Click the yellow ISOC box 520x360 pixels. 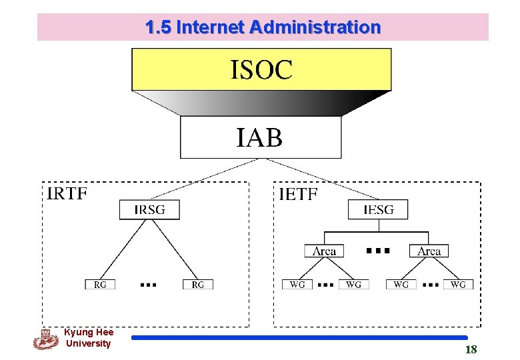coord(261,69)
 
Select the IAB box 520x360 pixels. coord(260,137)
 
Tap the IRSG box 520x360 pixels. coord(149,210)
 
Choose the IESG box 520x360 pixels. coord(378,210)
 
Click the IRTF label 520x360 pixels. coord(67,193)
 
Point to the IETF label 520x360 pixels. coord(298,194)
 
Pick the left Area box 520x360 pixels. coord(325,251)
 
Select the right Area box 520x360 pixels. coord(429,251)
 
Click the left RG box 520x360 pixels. coord(100,284)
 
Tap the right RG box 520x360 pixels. coord(198,284)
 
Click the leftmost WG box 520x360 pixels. coord(297,284)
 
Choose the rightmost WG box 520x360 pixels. coord(458,284)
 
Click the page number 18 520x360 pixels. coord(471,350)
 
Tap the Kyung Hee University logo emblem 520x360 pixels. coord(45,339)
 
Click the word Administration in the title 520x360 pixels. coord(315,27)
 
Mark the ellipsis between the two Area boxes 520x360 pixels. coord(377,251)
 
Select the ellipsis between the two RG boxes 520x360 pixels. coord(148,285)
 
